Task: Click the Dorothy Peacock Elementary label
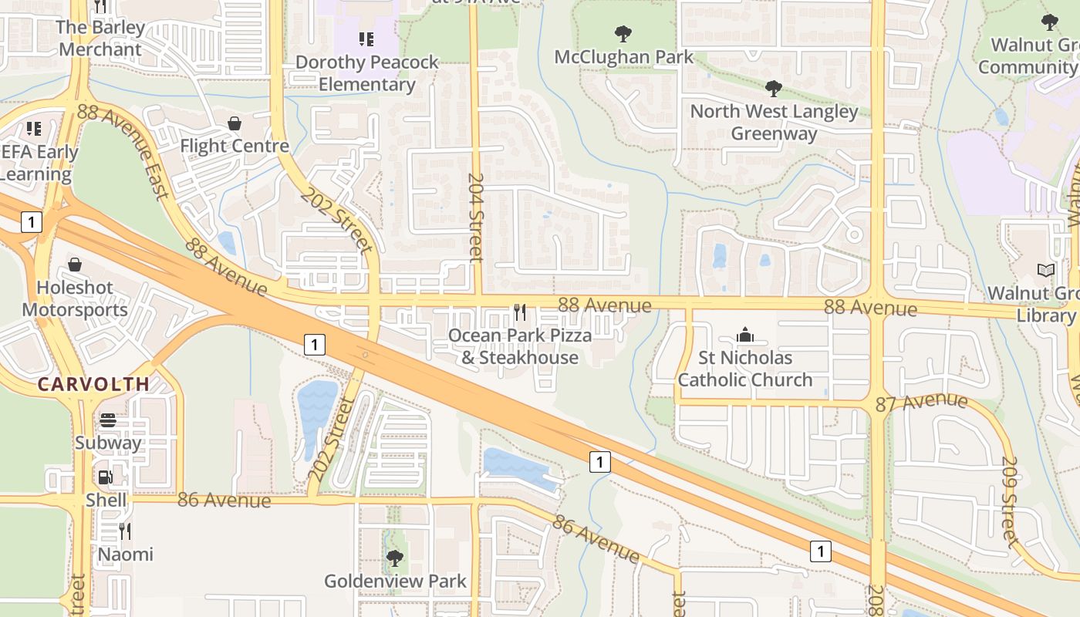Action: click(x=366, y=73)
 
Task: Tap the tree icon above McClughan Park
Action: click(x=623, y=34)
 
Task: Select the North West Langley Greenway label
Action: click(x=774, y=122)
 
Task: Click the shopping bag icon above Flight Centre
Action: click(x=235, y=123)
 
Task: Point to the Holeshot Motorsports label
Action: click(x=75, y=298)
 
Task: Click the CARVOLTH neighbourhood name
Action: click(x=93, y=384)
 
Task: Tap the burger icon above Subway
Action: click(x=108, y=420)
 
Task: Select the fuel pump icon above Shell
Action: click(x=106, y=477)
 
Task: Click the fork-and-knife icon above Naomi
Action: click(x=124, y=531)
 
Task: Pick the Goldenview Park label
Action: click(x=395, y=581)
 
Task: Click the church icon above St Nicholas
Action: click(x=744, y=335)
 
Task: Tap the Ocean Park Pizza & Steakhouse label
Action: click(x=520, y=346)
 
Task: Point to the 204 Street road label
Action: click(x=476, y=217)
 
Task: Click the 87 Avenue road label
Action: click(x=921, y=403)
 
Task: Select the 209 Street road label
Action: click(x=1011, y=501)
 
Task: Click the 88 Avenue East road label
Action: click(x=123, y=151)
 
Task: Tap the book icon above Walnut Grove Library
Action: click(x=1046, y=270)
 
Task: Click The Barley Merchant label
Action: click(x=100, y=39)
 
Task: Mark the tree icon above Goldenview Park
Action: click(x=395, y=558)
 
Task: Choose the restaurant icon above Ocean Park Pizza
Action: click(x=520, y=312)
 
